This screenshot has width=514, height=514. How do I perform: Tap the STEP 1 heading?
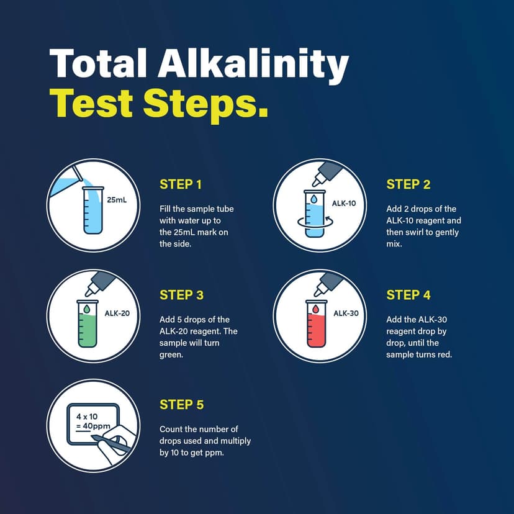[181, 184]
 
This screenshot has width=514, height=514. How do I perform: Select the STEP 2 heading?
[408, 184]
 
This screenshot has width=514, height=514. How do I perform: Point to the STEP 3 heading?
[181, 295]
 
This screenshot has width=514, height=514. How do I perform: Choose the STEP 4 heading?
[408, 295]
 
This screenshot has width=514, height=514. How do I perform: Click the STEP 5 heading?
[181, 405]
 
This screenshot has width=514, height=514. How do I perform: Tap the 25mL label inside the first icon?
[117, 201]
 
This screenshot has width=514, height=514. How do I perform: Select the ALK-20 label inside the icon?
[117, 313]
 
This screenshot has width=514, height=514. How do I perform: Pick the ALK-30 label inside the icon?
[346, 313]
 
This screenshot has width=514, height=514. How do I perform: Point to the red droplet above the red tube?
[315, 308]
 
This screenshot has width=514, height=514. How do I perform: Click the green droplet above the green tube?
[88, 308]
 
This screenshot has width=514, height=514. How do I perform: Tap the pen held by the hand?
[112, 443]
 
